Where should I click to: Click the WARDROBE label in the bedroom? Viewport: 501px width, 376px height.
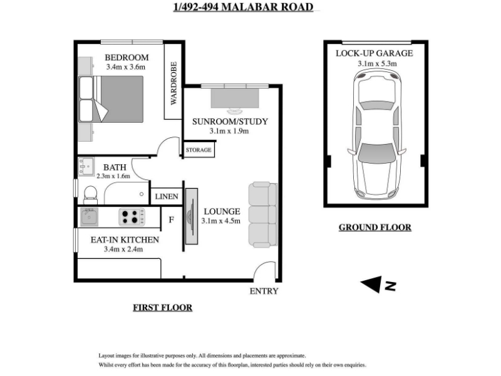[x=173, y=83]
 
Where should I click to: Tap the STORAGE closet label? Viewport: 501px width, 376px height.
[x=199, y=150]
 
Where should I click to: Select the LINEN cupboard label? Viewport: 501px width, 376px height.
[x=167, y=196]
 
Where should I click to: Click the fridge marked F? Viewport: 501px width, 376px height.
[x=171, y=220]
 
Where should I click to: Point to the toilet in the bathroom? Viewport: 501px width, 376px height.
[x=90, y=195]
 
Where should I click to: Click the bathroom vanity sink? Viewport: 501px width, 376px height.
[x=86, y=167]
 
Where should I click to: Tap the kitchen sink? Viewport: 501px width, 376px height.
[x=89, y=217]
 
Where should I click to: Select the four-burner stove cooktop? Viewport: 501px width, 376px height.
[x=132, y=217]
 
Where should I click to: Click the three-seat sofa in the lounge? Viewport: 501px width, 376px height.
[x=262, y=214]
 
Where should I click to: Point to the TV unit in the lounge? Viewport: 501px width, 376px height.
[x=192, y=216]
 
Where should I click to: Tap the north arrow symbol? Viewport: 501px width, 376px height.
[x=378, y=285]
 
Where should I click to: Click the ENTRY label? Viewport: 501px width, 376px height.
[x=264, y=291]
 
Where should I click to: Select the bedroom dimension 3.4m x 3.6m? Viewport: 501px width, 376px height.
[x=126, y=67]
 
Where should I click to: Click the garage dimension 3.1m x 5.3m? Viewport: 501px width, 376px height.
[x=378, y=63]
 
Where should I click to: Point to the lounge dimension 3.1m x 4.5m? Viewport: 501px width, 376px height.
[x=221, y=221]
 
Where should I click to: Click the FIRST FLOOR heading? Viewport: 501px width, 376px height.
[x=163, y=308]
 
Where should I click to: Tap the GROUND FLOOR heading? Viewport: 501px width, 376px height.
[x=375, y=227]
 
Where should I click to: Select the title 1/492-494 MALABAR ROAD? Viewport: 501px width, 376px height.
[x=243, y=7]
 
